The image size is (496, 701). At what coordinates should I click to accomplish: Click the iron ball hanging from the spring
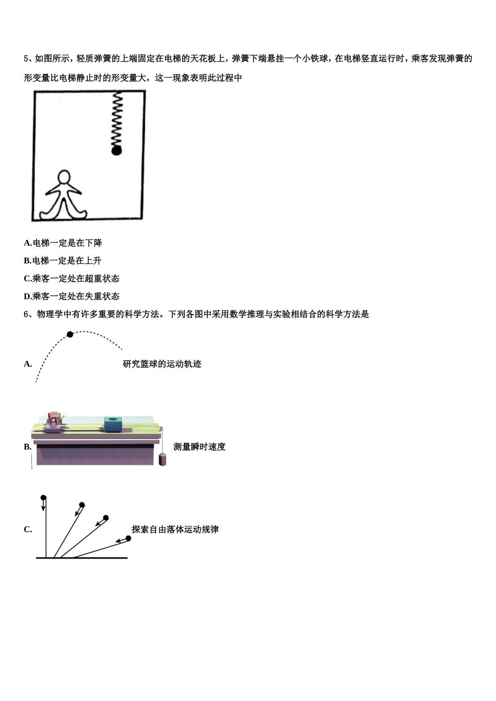click(116, 151)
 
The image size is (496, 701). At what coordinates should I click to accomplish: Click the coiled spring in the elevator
click(117, 118)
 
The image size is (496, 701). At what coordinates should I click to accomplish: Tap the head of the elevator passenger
click(64, 177)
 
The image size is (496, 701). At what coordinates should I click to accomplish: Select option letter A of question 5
click(28, 243)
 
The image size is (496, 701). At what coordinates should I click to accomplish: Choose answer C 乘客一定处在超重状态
click(72, 279)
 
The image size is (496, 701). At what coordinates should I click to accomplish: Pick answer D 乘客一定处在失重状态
click(72, 296)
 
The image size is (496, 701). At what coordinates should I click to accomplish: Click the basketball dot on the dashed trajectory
click(70, 334)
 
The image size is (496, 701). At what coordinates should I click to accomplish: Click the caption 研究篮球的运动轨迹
click(162, 364)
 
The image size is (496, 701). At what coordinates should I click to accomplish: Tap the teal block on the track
click(114, 425)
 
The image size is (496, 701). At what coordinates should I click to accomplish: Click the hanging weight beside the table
click(162, 460)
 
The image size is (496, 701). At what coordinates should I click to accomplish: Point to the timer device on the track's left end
click(54, 422)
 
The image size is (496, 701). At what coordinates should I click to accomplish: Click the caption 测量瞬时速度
click(199, 447)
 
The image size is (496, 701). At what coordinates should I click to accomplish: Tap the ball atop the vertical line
click(43, 498)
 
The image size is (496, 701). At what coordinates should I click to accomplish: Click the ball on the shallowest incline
click(128, 538)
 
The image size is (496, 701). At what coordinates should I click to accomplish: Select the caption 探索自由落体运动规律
click(175, 529)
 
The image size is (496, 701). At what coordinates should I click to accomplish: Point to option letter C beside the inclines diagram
click(28, 529)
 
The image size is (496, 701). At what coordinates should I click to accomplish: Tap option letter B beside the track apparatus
click(28, 447)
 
